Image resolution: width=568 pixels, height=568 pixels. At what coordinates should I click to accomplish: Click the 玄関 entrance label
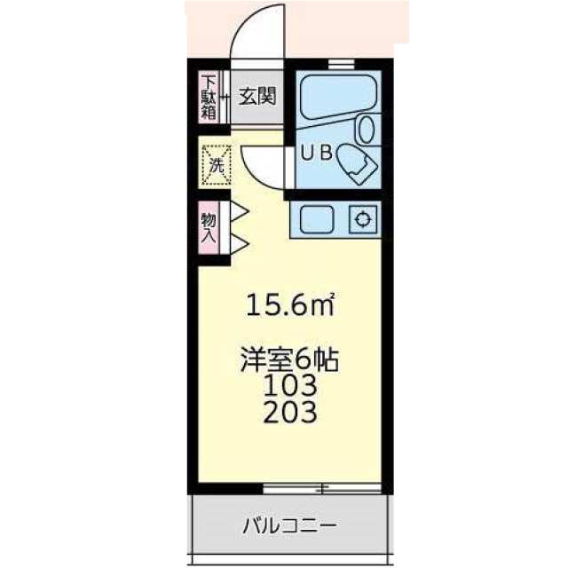click(x=257, y=97)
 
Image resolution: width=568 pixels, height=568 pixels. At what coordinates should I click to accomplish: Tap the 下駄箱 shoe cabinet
click(x=209, y=97)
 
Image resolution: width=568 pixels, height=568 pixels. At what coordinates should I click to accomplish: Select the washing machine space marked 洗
click(x=217, y=165)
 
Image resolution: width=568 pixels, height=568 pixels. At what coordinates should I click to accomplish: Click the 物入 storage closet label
click(x=209, y=228)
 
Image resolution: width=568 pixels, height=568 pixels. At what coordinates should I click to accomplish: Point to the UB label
click(x=317, y=153)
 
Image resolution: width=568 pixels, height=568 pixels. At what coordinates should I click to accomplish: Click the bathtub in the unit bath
click(x=339, y=97)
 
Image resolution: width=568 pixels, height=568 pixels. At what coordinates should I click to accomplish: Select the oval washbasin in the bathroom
click(x=367, y=130)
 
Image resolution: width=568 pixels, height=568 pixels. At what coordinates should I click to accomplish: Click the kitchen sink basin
click(x=317, y=219)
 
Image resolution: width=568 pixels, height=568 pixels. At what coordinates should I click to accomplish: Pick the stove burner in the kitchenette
click(x=363, y=219)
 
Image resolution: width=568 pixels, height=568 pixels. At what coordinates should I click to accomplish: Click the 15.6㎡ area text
click(x=290, y=304)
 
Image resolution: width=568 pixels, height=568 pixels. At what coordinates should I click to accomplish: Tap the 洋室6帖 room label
click(x=290, y=359)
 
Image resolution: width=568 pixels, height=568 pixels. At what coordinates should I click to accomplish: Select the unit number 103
click(x=290, y=385)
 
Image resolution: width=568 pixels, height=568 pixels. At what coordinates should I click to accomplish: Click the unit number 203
click(x=290, y=412)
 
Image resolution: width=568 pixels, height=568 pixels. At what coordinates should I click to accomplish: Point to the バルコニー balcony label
click(x=290, y=525)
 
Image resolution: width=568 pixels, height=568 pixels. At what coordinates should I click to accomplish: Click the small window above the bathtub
click(x=341, y=64)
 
